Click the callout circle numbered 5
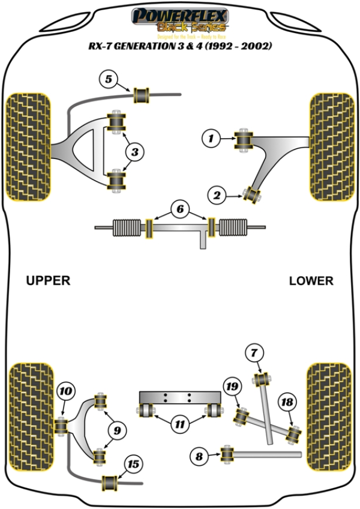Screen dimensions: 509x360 point(109,79)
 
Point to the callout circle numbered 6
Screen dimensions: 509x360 point(179,209)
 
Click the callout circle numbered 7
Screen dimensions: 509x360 point(254,352)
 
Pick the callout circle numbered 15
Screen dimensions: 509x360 point(133,464)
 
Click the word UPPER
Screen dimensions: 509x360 point(48,280)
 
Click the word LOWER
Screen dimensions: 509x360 point(311,280)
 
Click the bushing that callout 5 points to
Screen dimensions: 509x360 point(142,95)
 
